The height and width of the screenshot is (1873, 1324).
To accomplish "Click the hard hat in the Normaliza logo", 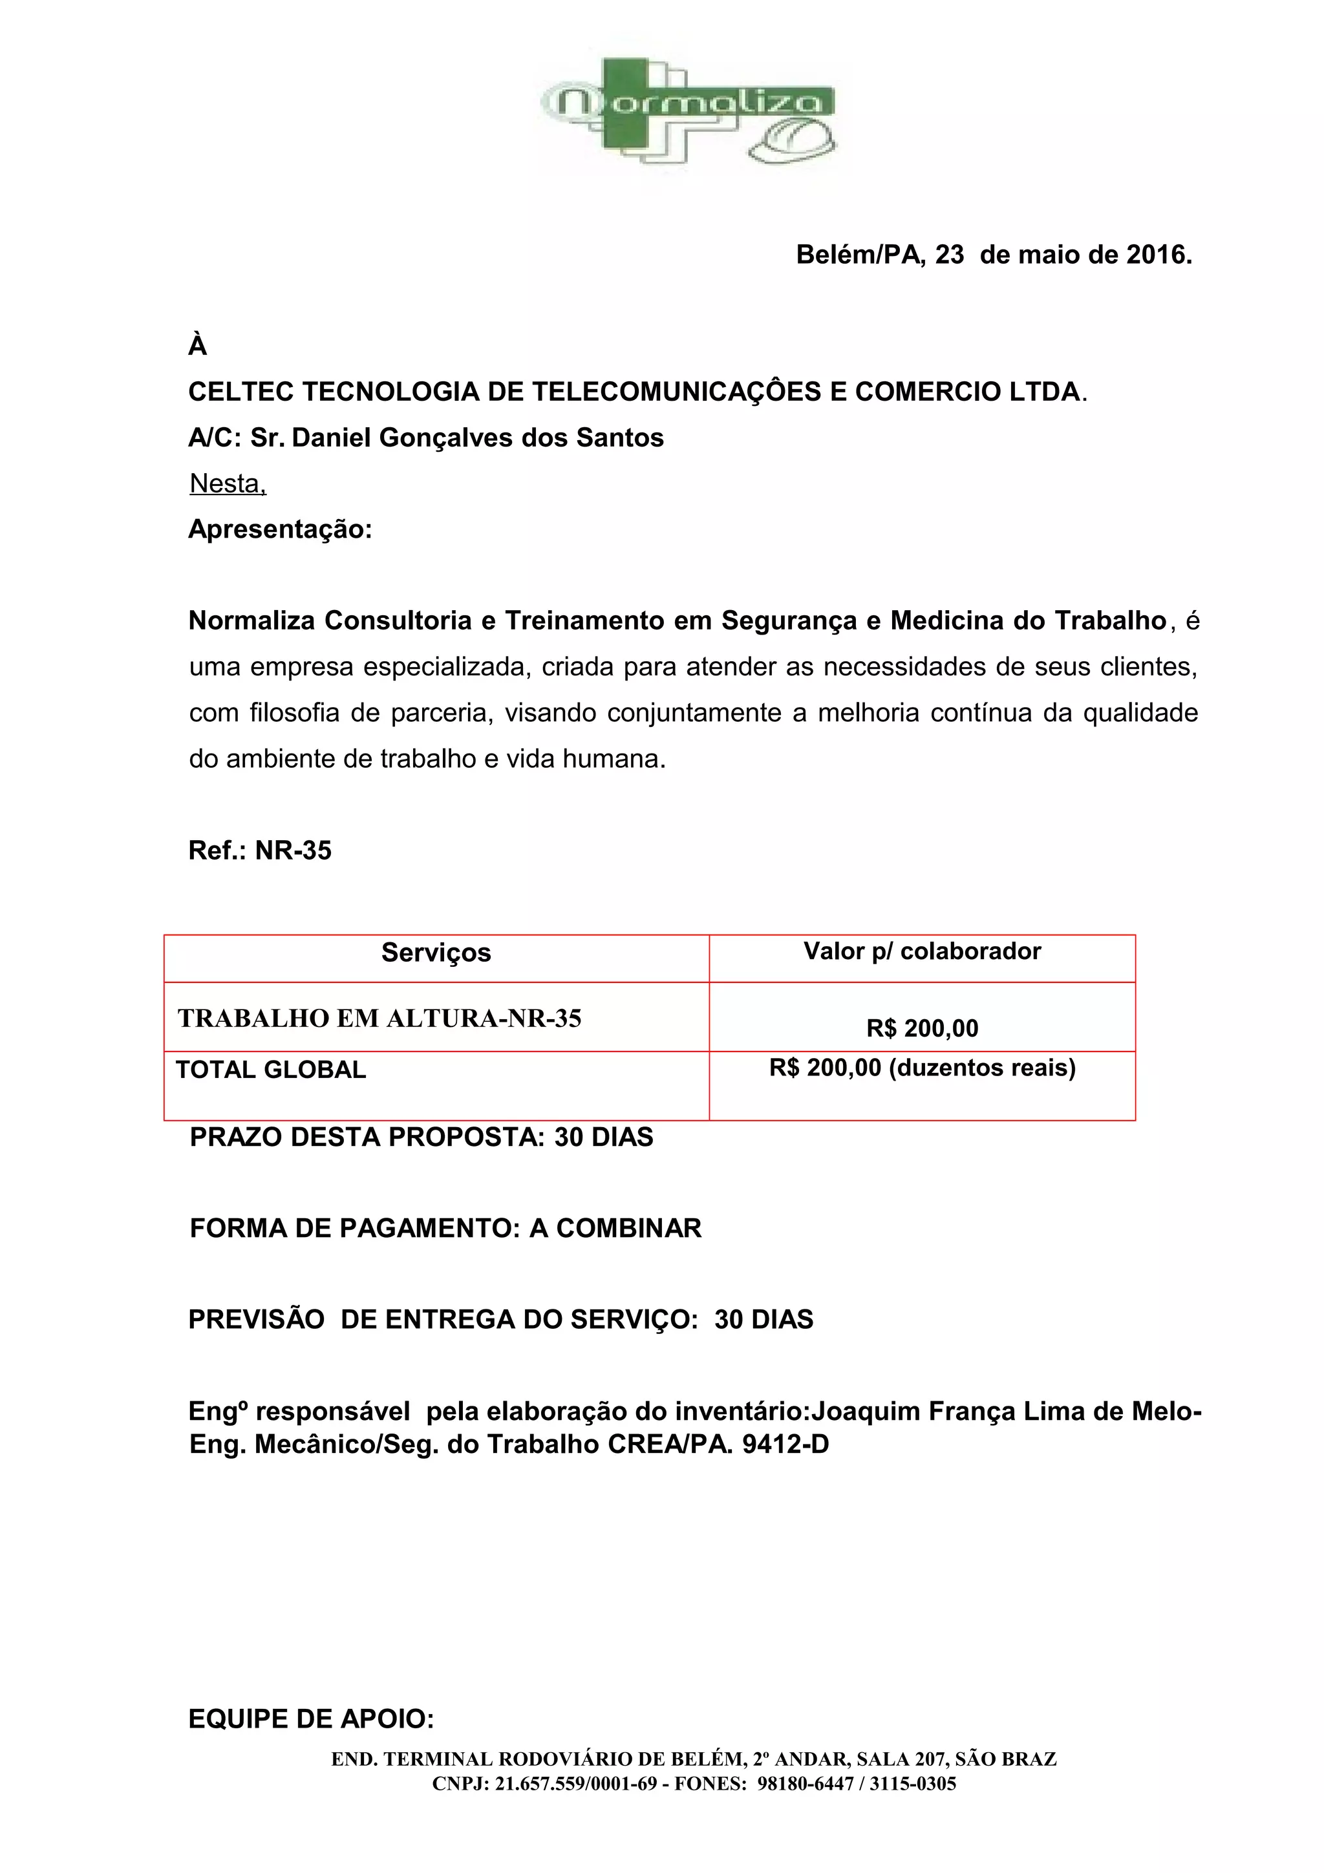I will click(x=794, y=140).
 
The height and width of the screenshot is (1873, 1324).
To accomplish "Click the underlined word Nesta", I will click(x=227, y=483).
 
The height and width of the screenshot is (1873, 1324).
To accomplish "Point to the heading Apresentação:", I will click(x=280, y=529).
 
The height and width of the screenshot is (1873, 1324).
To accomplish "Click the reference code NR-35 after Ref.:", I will click(x=293, y=851).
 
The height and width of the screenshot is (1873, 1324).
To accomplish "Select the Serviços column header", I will click(x=436, y=953).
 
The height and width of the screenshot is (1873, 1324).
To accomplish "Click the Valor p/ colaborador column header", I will click(x=922, y=951).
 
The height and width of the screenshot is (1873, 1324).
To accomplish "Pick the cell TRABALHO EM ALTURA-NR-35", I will click(x=379, y=1018).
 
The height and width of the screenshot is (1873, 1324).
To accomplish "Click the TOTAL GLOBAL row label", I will click(x=271, y=1070).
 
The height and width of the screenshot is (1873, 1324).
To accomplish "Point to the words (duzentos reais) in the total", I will click(x=981, y=1068).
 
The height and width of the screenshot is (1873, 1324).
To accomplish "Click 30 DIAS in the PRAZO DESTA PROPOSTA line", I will click(x=604, y=1138).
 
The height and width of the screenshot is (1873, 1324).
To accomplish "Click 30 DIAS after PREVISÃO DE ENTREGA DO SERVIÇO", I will click(x=763, y=1320).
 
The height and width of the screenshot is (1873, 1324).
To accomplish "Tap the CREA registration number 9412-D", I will click(x=785, y=1444).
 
